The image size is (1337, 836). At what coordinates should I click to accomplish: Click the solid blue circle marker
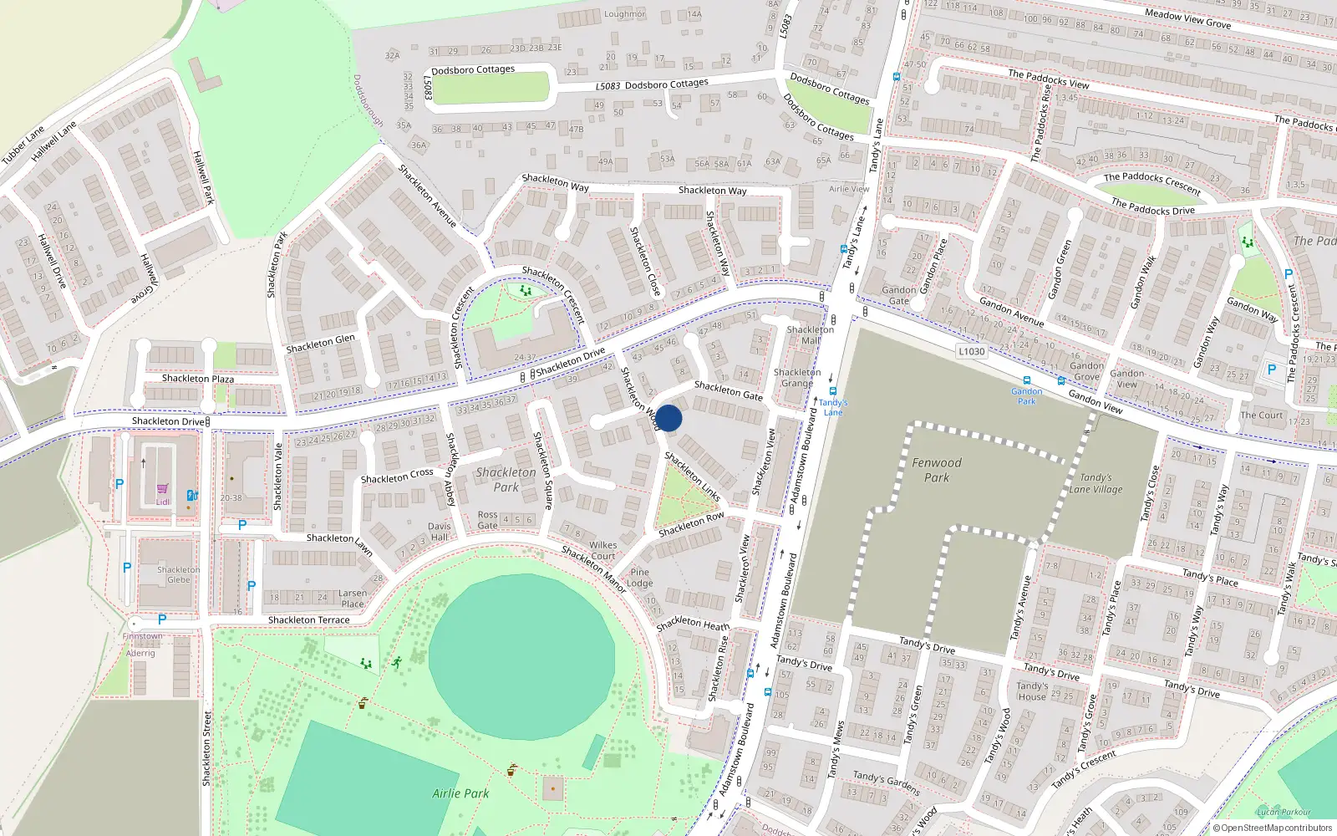pyautogui.click(x=668, y=418)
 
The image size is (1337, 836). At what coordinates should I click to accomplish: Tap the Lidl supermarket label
pyautogui.click(x=162, y=502)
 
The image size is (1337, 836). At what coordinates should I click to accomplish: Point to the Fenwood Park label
pyautogui.click(x=937, y=470)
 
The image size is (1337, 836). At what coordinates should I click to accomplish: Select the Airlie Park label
pyautogui.click(x=460, y=793)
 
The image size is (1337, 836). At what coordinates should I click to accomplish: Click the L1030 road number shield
pyautogui.click(x=971, y=351)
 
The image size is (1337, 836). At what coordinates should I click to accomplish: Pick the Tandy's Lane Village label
pyautogui.click(x=1096, y=483)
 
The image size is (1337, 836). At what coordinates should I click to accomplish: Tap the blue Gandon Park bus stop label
pyautogui.click(x=1026, y=396)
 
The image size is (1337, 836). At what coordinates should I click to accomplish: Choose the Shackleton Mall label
pyautogui.click(x=810, y=334)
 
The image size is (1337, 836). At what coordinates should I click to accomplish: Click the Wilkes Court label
pyautogui.click(x=602, y=550)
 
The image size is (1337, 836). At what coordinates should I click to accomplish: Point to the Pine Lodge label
pyautogui.click(x=640, y=578)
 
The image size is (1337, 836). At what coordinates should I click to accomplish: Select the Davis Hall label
pyautogui.click(x=440, y=532)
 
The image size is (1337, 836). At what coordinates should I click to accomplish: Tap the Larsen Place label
pyautogui.click(x=353, y=599)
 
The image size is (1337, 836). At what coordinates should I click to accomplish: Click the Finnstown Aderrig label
pyautogui.click(x=142, y=645)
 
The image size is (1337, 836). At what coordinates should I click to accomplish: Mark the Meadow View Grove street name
pyautogui.click(x=1187, y=18)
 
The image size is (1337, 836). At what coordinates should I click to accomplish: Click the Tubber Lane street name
pyautogui.click(x=23, y=145)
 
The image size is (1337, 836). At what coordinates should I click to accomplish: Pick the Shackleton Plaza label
pyautogui.click(x=198, y=379)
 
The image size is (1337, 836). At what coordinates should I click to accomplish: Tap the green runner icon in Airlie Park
pyautogui.click(x=397, y=662)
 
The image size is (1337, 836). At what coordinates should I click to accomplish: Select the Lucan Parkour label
pyautogui.click(x=1284, y=812)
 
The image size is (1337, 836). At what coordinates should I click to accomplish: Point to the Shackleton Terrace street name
pyautogui.click(x=309, y=620)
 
